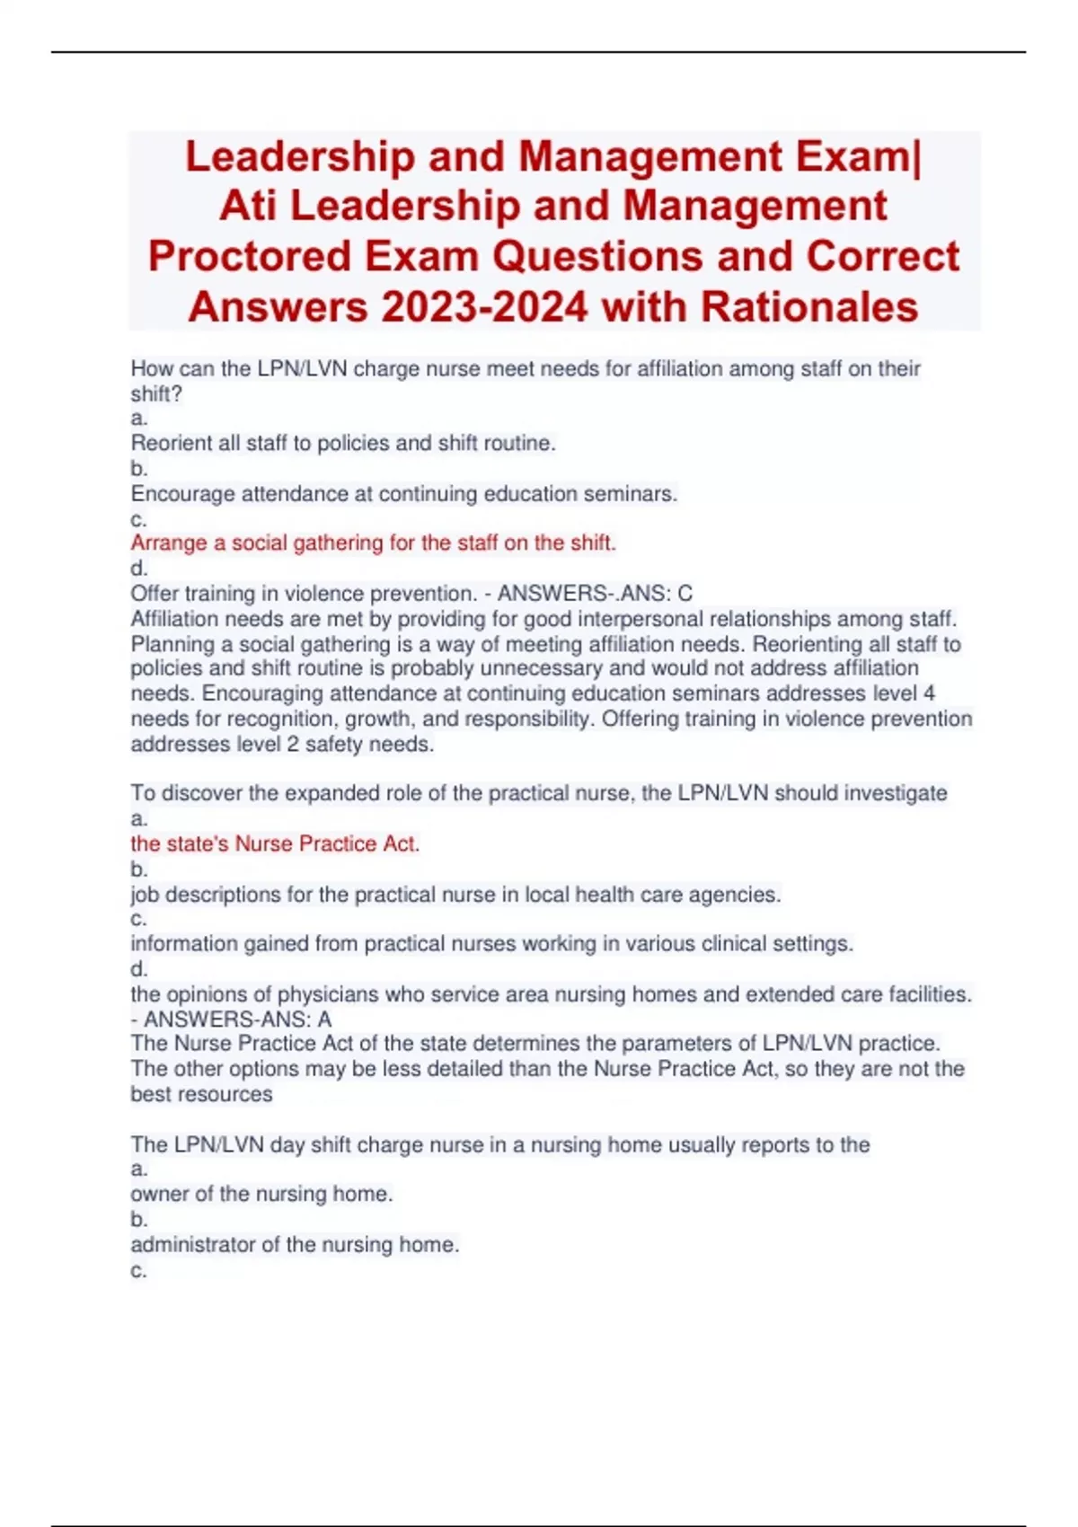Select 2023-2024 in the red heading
484,307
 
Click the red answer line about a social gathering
373,543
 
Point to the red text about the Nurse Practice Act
275,843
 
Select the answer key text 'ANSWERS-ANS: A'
237,1019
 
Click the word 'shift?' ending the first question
156,393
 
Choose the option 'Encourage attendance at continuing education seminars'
403,493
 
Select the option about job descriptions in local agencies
455,895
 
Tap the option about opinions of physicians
551,994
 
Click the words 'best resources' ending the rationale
201,1094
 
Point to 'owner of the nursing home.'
261,1194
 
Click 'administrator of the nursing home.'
295,1245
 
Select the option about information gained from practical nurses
491,944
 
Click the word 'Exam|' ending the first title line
858,156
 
